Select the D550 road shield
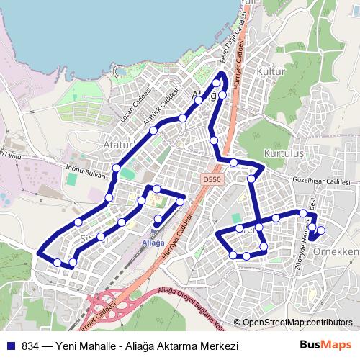pyautogui.click(x=211, y=180)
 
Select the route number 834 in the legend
pyautogui.click(x=30, y=345)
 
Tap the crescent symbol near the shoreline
pyautogui.click(x=119, y=70)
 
